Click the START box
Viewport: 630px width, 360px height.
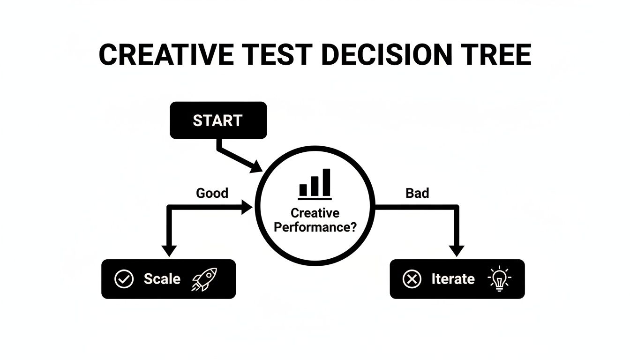(218, 120)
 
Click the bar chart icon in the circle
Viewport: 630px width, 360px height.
(315, 183)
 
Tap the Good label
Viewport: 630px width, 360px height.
(212, 193)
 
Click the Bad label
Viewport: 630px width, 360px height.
(417, 193)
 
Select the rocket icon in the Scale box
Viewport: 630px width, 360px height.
(205, 279)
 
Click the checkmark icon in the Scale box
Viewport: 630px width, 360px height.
(124, 279)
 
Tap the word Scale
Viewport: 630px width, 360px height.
(162, 279)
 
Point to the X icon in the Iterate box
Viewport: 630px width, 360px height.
(412, 279)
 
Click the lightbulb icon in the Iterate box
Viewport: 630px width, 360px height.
(500, 279)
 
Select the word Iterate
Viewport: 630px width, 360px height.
(453, 279)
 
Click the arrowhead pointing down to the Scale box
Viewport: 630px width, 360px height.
(169, 250)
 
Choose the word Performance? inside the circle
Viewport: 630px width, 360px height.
(315, 227)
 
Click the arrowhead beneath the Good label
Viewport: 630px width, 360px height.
(247, 207)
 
